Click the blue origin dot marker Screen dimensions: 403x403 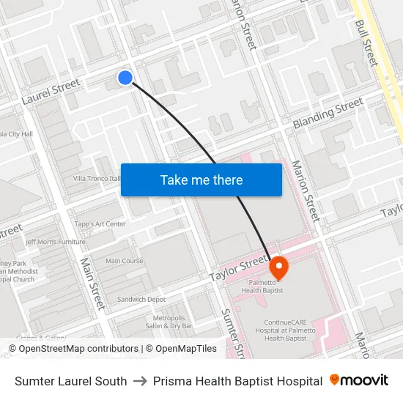(125, 77)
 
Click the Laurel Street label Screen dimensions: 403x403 (51, 91)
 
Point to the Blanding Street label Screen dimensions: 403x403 (328, 115)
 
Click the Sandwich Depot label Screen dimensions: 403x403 (141, 299)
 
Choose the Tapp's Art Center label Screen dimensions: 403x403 (100, 224)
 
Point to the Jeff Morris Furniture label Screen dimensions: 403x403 (56, 241)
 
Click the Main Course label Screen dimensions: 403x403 (124, 261)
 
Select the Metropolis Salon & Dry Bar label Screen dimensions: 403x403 (169, 321)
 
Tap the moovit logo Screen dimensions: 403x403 (359, 380)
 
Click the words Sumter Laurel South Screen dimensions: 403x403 (70, 381)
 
